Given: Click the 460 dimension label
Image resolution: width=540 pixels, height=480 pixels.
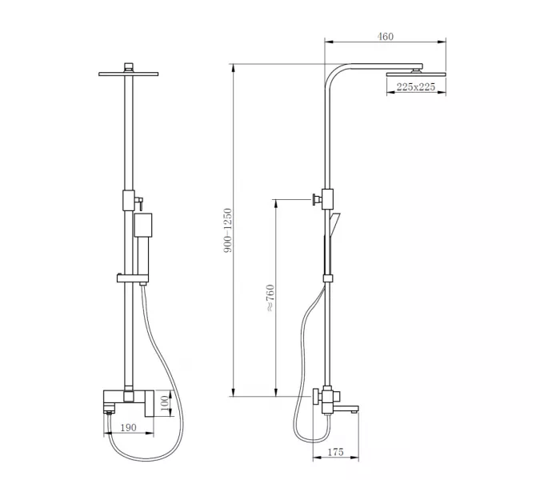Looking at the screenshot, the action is pos(386,36).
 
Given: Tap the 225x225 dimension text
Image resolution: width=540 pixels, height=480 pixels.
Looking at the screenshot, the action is pos(416,86).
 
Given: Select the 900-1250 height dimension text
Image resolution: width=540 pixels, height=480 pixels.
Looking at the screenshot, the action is pos(228,230).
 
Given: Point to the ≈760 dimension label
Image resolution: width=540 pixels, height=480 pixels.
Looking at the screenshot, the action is pos(270,298).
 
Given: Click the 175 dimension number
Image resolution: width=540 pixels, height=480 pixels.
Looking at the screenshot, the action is pos(335,452).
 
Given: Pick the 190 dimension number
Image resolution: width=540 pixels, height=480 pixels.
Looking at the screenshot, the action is pos(129,427).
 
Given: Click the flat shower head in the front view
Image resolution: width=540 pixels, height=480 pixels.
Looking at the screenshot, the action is pos(129,74).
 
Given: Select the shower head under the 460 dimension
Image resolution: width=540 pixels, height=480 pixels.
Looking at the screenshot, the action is pos(416,74).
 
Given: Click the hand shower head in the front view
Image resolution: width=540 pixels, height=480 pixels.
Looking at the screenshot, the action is pos(143,225).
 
